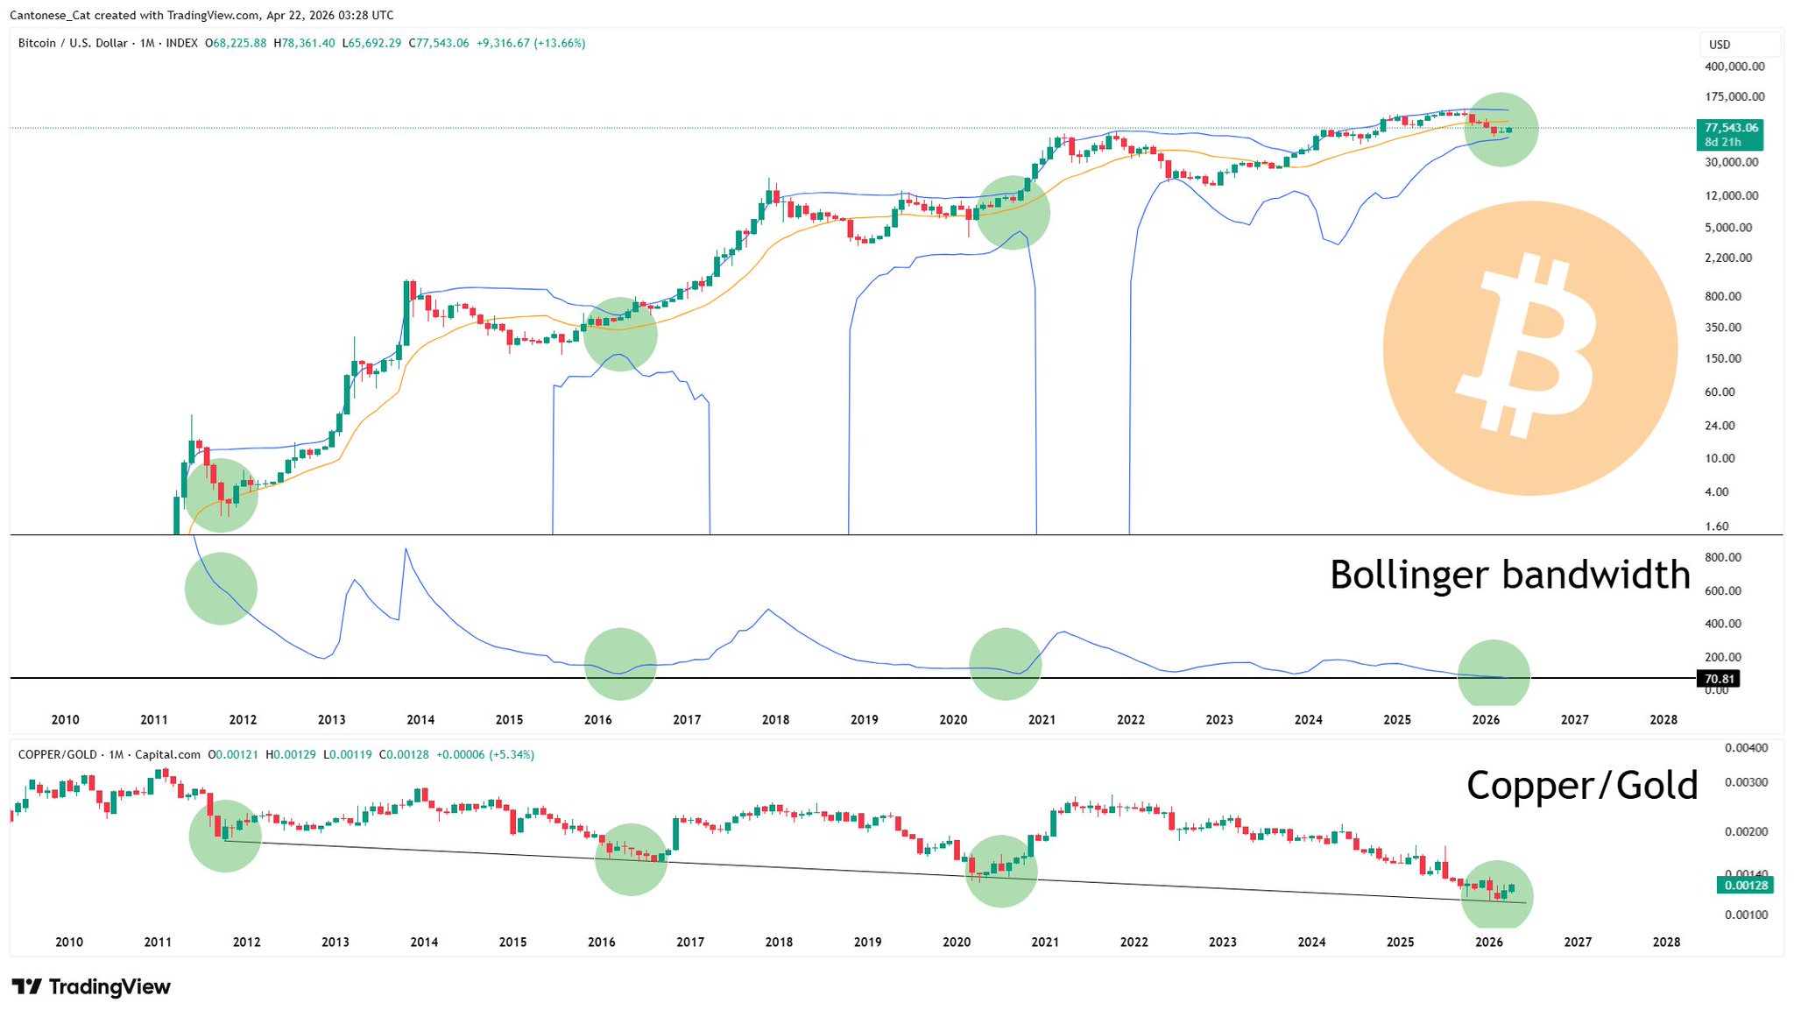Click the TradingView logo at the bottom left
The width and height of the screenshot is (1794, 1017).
tap(91, 987)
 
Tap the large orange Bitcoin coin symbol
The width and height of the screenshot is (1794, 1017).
tap(1529, 349)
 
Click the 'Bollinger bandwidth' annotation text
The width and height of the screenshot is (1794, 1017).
tap(1509, 576)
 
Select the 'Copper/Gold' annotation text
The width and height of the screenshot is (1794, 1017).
tap(1581, 785)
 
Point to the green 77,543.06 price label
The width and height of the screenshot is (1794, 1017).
tap(1730, 128)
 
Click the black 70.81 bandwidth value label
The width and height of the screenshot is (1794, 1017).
tap(1719, 679)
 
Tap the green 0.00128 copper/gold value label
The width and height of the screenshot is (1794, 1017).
tap(1746, 886)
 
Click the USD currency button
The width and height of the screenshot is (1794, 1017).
tap(1720, 45)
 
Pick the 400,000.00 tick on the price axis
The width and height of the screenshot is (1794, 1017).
tap(1734, 67)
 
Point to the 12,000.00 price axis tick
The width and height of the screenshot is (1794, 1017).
tap(1731, 195)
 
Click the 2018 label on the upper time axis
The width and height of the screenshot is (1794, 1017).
tap(775, 720)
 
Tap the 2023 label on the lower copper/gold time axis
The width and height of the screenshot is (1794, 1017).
tap(1223, 943)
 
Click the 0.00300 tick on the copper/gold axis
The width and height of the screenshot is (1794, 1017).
tap(1746, 782)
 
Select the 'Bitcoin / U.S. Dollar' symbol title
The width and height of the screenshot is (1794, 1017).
tap(73, 43)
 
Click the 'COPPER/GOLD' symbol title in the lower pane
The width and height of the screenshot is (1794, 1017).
tap(57, 754)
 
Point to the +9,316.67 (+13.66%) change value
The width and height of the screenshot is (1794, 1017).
tap(531, 43)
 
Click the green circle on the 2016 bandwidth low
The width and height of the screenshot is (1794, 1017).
tap(620, 664)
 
